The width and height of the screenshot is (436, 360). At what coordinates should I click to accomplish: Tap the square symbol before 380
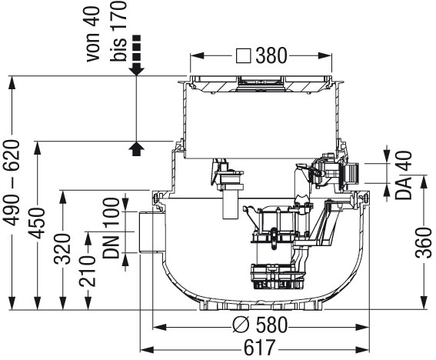(244, 55)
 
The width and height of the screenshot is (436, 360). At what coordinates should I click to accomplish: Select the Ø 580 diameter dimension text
(260, 325)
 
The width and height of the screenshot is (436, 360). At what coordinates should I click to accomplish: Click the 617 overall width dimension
(259, 347)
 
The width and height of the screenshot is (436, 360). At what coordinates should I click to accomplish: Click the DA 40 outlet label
(404, 175)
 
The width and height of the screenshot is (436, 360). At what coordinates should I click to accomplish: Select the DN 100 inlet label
(111, 228)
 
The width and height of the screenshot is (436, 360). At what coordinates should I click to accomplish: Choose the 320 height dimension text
(62, 249)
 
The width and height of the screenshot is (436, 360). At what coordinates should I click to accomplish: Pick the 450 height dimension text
(37, 223)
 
